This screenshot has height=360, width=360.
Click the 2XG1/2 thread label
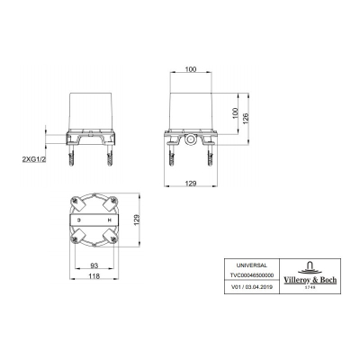(x=34, y=159)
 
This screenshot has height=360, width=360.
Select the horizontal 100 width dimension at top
(x=191, y=69)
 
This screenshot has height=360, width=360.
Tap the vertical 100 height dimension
(x=235, y=113)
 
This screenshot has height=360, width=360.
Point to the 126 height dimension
(x=245, y=119)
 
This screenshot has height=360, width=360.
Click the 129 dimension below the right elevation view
(x=191, y=183)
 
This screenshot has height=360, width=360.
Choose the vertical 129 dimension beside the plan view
(x=137, y=220)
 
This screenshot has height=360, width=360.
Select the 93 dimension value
(x=94, y=265)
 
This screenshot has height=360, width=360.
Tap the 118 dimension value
(x=94, y=276)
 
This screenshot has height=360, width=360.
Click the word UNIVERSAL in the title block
(x=251, y=265)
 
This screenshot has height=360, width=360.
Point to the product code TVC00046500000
(x=252, y=275)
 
